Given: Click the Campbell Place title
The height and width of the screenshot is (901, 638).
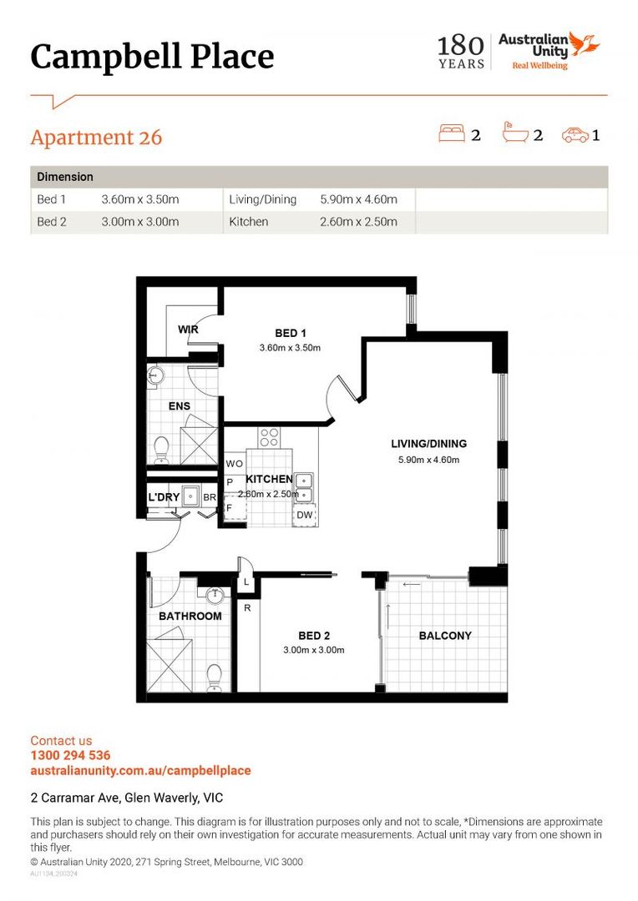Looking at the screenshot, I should click(x=152, y=57).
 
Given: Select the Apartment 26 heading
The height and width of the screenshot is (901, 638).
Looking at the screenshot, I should click(x=96, y=137).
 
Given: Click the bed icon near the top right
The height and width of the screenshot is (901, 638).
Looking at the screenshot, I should click(x=451, y=133).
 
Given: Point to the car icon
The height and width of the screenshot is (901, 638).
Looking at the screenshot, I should click(x=575, y=133).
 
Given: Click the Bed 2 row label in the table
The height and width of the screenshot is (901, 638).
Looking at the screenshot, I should click(x=51, y=222).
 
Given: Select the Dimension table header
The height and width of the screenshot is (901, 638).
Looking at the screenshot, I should click(x=65, y=177).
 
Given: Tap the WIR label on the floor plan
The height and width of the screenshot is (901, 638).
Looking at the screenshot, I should click(x=188, y=330).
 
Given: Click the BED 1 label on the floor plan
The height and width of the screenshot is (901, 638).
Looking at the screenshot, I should click(x=291, y=333).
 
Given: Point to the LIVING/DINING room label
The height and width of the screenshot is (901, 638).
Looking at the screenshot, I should click(x=428, y=444).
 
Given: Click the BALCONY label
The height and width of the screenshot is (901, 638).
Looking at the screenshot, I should click(x=445, y=636).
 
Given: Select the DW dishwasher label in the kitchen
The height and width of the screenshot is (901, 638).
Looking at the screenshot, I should click(x=304, y=515).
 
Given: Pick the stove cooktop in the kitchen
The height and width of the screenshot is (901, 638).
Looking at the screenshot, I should click(x=269, y=436).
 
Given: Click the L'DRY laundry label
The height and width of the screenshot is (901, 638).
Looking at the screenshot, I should click(x=164, y=498).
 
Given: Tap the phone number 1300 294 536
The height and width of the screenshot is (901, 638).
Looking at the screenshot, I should click(x=70, y=756).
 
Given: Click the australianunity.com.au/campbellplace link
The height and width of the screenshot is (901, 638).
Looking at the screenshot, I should click(x=140, y=771).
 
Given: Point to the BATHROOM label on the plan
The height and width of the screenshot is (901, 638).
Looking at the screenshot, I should click(x=190, y=617).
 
